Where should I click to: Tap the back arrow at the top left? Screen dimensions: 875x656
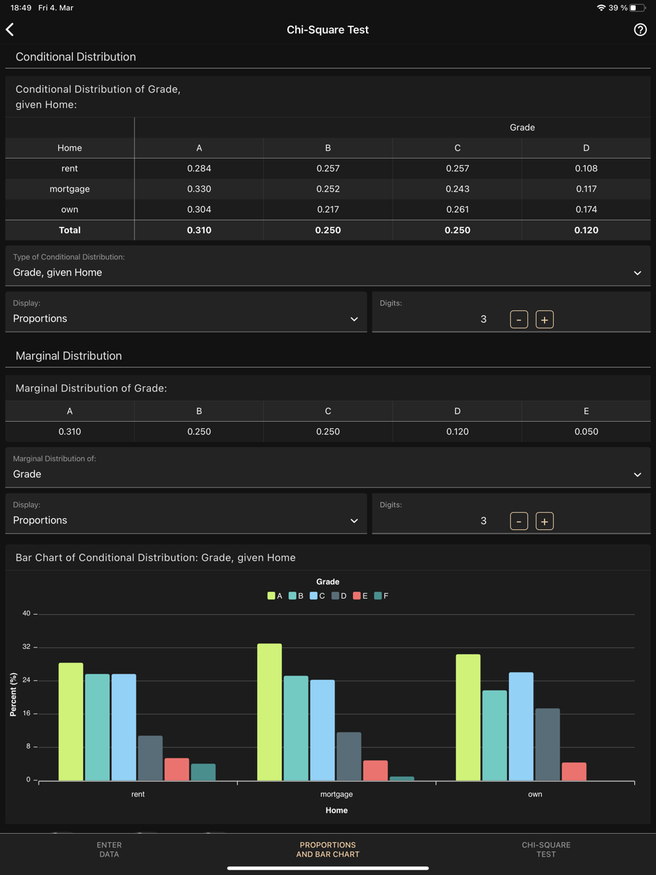[x=10, y=30]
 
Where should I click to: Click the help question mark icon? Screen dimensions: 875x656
[x=640, y=30]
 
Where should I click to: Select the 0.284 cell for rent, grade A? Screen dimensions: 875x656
[x=199, y=169]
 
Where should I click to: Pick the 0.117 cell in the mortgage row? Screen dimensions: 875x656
[x=586, y=189]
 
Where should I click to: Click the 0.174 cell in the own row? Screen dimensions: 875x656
[x=586, y=210]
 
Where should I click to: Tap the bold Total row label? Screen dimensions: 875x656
[x=70, y=230]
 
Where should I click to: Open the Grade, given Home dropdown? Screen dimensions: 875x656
[x=327, y=266]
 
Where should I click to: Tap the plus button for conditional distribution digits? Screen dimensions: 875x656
[x=544, y=320]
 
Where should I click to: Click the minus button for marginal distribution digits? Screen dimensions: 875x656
[x=519, y=521]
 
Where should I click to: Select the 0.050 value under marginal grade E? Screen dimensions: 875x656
[x=586, y=432]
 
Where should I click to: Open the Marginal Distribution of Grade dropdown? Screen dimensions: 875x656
[x=327, y=468]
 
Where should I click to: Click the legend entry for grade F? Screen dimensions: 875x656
[x=381, y=596]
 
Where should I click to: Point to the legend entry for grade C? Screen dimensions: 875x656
[x=318, y=596]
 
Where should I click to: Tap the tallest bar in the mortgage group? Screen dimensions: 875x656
[x=270, y=712]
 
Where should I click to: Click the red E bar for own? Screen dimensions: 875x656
[x=574, y=771]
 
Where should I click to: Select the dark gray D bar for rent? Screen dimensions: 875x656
[x=150, y=758]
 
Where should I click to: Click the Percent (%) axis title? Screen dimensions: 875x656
[x=14, y=694]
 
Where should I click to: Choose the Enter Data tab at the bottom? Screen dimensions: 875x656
[x=109, y=850]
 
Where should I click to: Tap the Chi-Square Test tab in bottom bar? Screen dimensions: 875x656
[x=546, y=850]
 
